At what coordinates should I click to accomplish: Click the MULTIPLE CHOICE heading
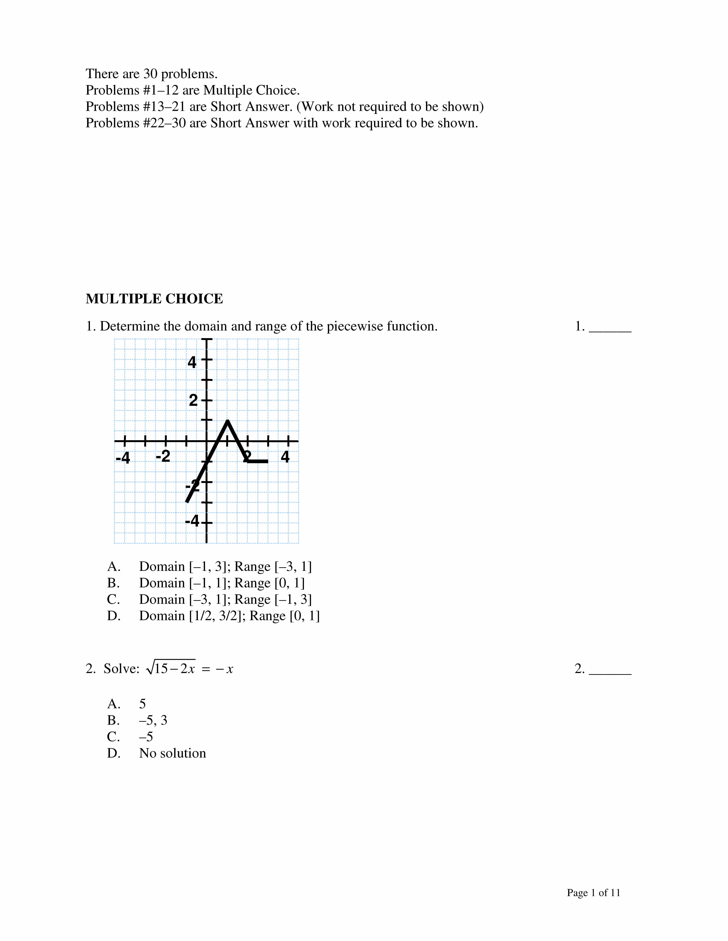(154, 299)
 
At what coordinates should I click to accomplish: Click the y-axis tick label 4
(192, 362)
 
